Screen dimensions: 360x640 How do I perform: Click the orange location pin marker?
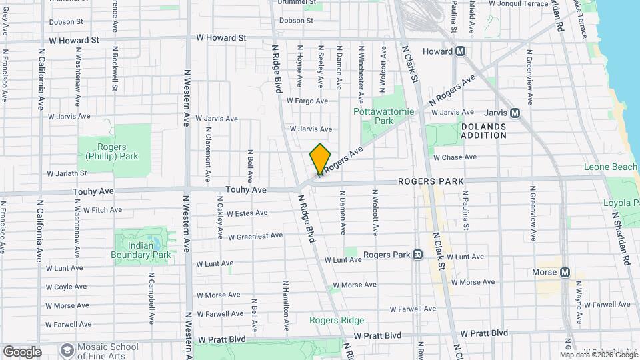320,159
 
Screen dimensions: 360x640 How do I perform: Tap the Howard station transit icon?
460,51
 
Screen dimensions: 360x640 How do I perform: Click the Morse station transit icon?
565,272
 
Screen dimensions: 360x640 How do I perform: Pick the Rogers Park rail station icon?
417,255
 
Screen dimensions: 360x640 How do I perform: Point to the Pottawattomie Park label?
384,116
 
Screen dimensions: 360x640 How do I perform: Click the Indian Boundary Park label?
141,250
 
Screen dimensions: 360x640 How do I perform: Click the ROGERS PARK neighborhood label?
431,181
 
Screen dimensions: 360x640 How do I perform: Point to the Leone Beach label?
611,167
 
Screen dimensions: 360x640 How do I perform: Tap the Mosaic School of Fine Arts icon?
67,350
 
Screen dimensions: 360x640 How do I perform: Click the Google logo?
22,351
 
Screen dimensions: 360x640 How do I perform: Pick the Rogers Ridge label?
337,320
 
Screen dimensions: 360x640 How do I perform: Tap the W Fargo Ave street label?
307,101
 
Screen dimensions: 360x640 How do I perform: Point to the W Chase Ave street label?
455,157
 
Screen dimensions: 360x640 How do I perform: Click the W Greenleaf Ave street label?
255,236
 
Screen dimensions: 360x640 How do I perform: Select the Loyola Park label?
621,203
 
